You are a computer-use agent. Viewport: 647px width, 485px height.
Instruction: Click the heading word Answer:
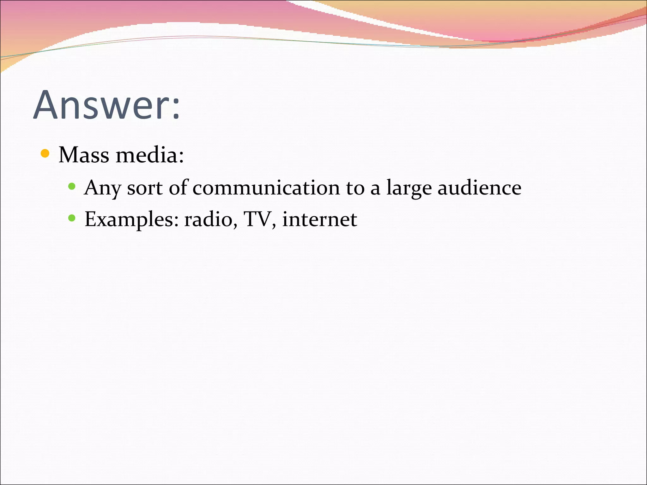click(107, 105)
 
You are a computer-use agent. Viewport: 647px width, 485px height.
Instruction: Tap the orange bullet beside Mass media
click(45, 154)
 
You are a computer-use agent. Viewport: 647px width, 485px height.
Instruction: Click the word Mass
click(84, 155)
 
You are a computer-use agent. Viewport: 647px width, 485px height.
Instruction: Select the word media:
click(150, 155)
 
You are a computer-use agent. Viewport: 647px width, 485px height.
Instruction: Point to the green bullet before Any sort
click(72, 186)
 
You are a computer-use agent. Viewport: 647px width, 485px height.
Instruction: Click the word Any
click(102, 188)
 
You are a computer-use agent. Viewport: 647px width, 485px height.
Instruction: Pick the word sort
click(145, 188)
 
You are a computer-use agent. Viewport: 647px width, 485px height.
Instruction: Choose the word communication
click(266, 188)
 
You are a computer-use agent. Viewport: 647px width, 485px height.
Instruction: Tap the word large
click(409, 188)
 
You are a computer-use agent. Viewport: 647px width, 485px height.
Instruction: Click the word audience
click(479, 188)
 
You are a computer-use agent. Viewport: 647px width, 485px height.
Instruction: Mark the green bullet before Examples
click(72, 218)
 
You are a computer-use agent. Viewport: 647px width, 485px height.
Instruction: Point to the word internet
click(319, 219)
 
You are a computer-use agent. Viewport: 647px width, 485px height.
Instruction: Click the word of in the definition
click(178, 188)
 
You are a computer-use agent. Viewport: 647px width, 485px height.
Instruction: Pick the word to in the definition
click(355, 188)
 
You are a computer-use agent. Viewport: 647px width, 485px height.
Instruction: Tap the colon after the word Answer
click(176, 109)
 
